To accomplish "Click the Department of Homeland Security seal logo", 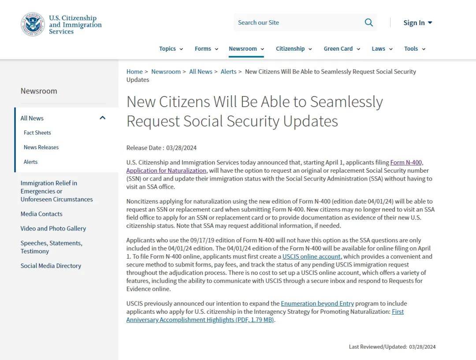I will (x=33, y=24).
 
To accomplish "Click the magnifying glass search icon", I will (x=368, y=22).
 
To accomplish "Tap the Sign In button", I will (x=417, y=23).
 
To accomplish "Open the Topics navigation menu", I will (x=171, y=49).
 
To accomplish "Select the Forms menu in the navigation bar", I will (x=206, y=49).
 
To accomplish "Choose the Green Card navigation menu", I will (x=342, y=49).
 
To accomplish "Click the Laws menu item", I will (x=382, y=49).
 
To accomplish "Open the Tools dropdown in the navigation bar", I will (x=414, y=49).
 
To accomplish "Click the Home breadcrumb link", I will (x=134, y=72).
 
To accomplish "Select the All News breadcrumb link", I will (x=201, y=72).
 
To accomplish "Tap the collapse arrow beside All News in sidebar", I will (x=103, y=118).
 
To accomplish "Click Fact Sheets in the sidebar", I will (x=37, y=133).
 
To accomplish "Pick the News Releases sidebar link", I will (x=41, y=147).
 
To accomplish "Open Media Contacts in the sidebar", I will (x=41, y=214).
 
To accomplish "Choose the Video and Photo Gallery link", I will (x=53, y=229).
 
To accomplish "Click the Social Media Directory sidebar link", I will (x=51, y=266).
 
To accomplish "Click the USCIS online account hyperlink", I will (x=312, y=256).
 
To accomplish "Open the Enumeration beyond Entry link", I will (x=317, y=304).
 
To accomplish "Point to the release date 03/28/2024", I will (x=181, y=148).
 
